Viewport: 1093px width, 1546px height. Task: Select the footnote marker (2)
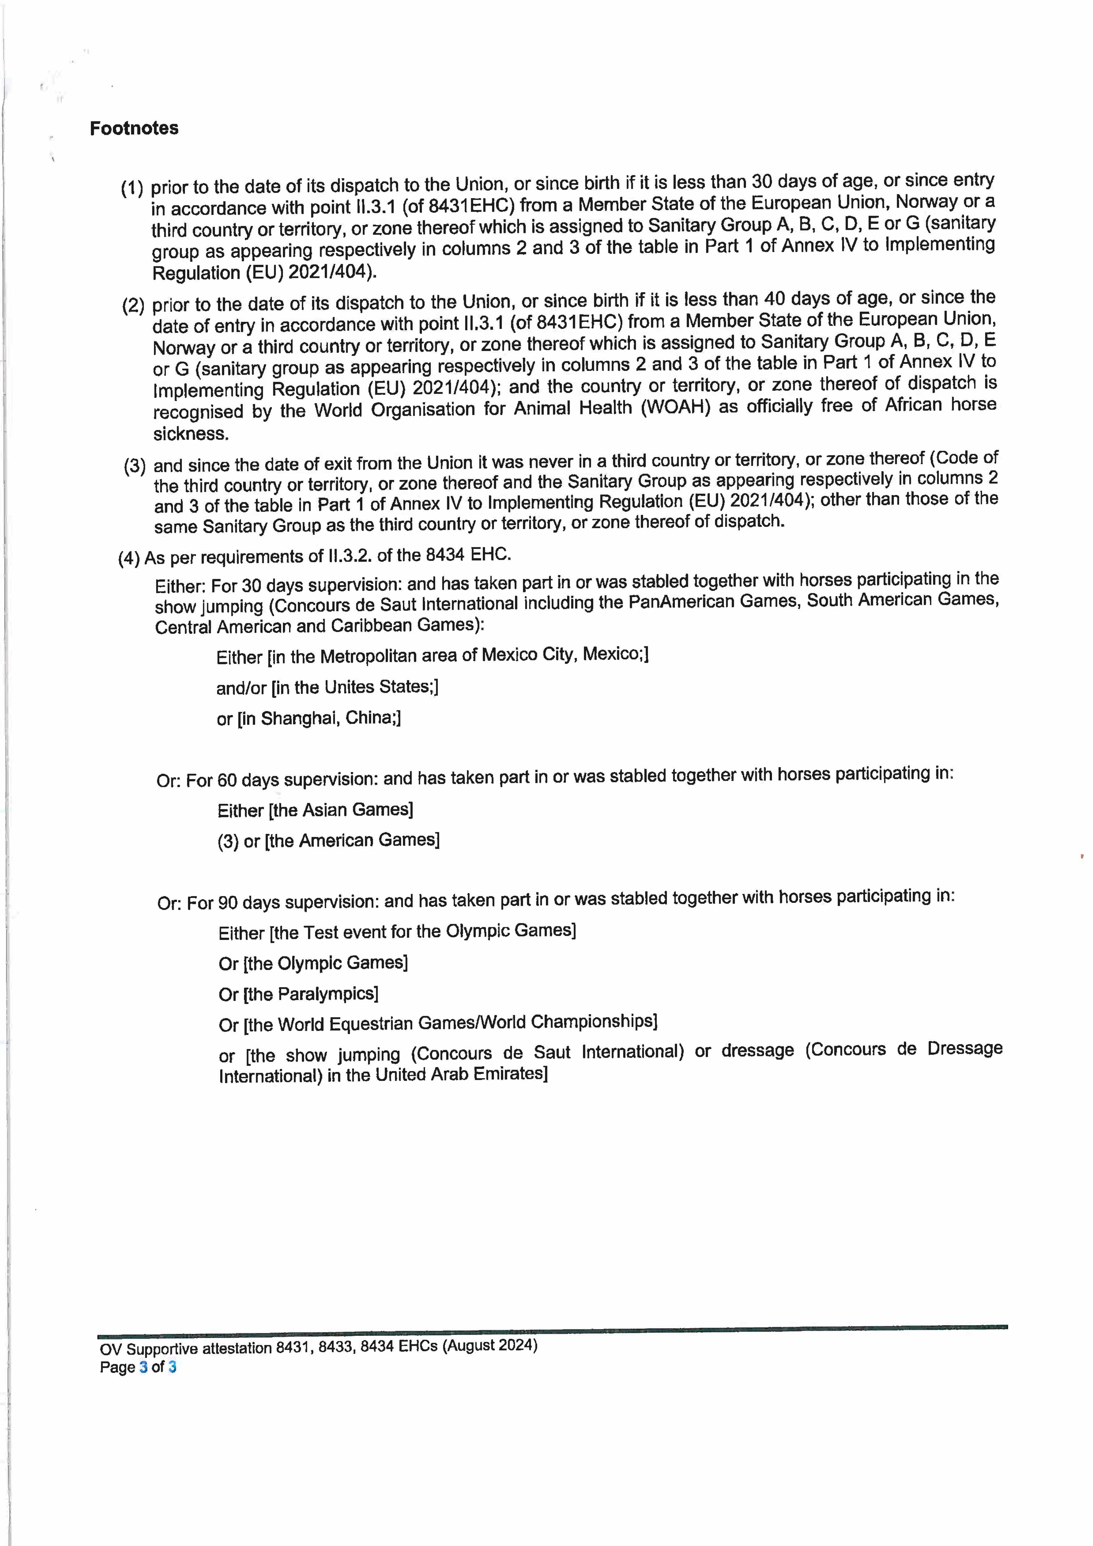coord(133,306)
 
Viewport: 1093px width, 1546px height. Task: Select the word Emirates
coord(511,1073)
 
